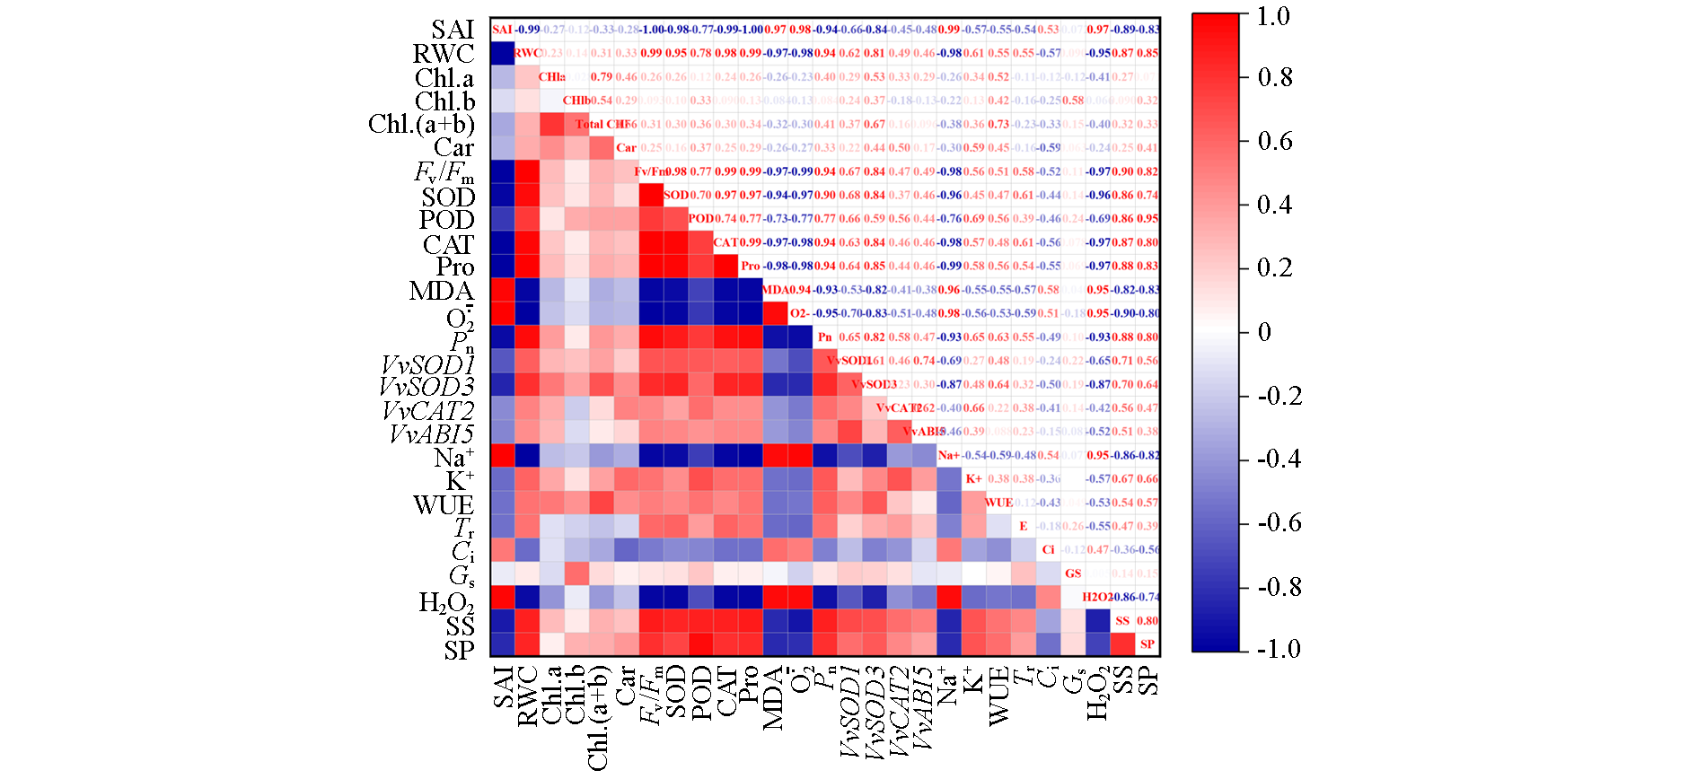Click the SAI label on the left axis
click(452, 30)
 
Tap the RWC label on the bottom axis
click(528, 695)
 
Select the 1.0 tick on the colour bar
click(1273, 16)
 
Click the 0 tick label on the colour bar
click(1264, 332)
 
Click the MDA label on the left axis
click(441, 292)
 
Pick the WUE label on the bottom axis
click(998, 695)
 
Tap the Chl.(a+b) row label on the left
click(421, 124)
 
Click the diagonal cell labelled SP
click(1147, 643)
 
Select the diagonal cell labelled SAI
click(502, 30)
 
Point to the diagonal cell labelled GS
click(1073, 573)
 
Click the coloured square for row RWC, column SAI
click(502, 53)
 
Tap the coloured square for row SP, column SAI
click(502, 643)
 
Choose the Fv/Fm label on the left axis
click(444, 171)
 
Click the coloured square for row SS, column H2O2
click(1097, 620)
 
